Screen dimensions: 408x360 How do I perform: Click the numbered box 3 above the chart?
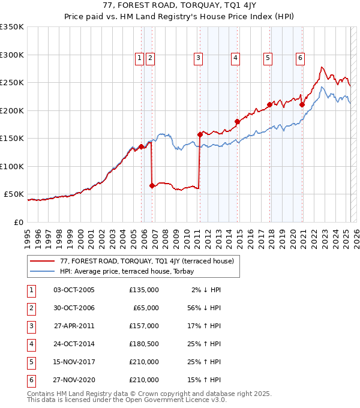198,58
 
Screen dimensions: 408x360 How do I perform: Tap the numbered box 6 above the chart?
300,58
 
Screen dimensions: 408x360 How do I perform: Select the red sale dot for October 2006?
152,186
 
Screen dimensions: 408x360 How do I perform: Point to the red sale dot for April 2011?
200,134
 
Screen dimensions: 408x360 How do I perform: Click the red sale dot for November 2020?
302,105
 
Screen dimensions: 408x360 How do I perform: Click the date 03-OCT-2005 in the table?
74,290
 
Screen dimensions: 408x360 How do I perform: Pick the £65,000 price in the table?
146,307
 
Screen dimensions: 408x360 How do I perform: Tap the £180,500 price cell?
144,344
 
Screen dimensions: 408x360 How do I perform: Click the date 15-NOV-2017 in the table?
74,362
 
